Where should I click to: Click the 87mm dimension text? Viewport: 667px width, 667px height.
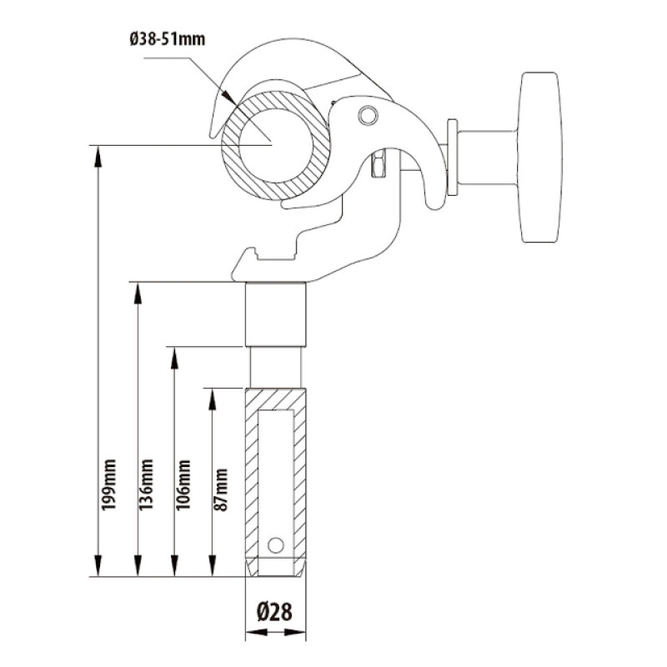tap(221, 489)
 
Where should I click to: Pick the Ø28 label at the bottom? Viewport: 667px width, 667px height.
tap(275, 613)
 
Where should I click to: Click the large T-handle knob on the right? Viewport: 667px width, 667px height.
tap(540, 158)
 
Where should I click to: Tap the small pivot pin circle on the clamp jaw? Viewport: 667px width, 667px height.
tap(366, 114)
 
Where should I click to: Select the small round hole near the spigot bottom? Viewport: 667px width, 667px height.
tap(275, 544)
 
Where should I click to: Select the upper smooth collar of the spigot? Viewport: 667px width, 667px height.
tap(275, 314)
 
